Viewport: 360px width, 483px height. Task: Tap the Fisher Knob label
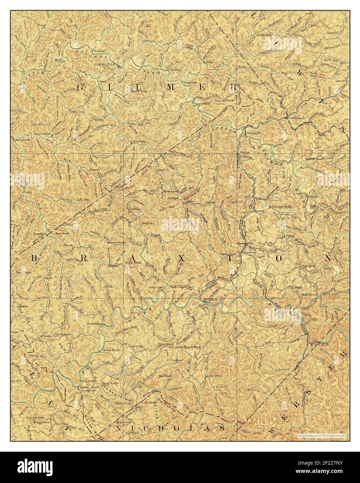pos(228,254)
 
